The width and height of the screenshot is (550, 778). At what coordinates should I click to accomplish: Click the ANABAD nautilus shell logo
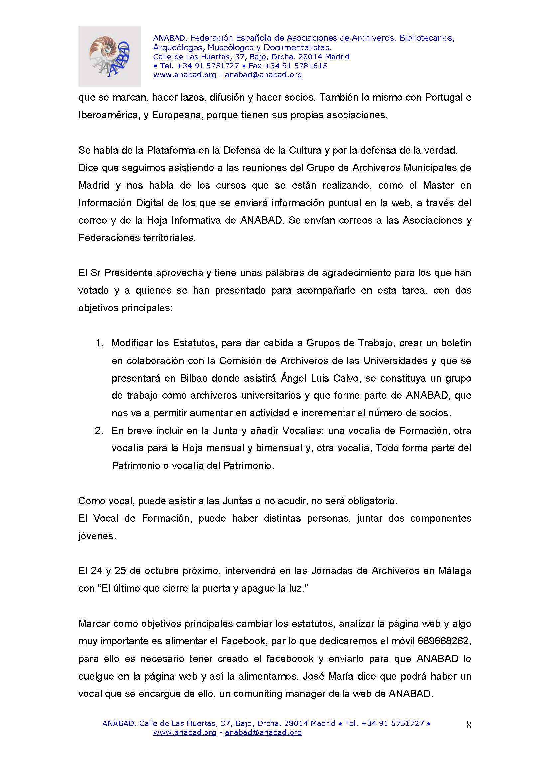click(109, 56)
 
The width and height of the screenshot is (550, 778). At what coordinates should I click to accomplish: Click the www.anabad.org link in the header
click(185, 75)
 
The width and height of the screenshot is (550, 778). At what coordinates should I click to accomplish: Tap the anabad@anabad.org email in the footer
click(263, 732)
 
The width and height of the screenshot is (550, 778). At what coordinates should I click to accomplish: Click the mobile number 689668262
click(444, 641)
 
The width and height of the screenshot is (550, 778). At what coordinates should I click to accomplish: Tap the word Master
click(438, 185)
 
